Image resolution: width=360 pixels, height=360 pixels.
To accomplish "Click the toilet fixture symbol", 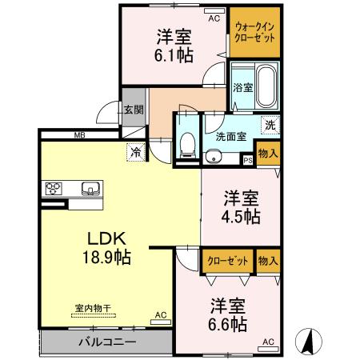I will click(187, 142).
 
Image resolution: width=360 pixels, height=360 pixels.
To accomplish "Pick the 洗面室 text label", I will click(230, 137).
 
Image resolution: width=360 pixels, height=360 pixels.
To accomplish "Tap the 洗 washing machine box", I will click(271, 125).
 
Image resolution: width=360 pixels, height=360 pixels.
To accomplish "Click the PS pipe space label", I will click(247, 159).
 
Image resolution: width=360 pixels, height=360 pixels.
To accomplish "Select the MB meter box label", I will click(80, 136).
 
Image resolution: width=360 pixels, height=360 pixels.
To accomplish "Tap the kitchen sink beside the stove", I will click(89, 190).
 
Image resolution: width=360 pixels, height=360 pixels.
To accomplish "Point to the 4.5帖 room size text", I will click(241, 217).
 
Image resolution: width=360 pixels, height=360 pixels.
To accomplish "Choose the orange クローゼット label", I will click(227, 261).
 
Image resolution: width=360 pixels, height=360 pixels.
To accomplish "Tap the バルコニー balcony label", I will click(106, 342).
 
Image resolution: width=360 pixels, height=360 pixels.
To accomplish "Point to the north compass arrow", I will click(307, 341).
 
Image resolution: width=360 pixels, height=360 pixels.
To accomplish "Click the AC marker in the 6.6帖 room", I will click(268, 342).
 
